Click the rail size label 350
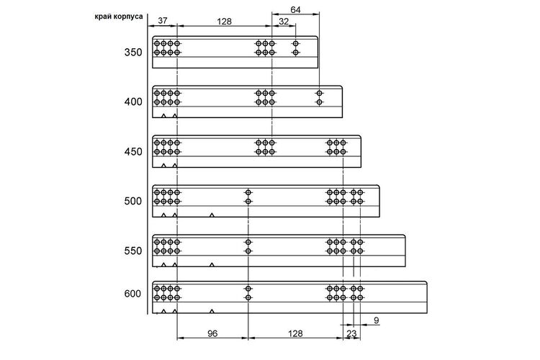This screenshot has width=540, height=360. (133, 53)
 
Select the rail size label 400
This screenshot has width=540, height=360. (133, 102)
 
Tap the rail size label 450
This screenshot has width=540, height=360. (133, 152)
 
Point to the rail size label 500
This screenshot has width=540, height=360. (133, 201)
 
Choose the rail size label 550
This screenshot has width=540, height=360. (133, 251)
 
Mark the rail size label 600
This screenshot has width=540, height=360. (133, 294)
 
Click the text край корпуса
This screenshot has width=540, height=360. (119, 17)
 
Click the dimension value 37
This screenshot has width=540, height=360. (163, 21)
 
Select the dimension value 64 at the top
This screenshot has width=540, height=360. (295, 9)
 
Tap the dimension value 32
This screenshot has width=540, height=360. (284, 22)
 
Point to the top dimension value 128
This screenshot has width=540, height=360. (224, 22)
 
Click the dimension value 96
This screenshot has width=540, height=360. (212, 333)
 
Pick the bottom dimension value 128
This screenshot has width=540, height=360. (295, 333)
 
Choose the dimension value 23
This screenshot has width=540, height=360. (351, 333)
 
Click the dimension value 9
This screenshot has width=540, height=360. (377, 320)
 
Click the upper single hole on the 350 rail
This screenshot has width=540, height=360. (295, 44)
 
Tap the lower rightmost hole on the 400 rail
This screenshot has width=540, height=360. (319, 102)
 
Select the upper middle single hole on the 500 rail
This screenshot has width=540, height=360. (248, 192)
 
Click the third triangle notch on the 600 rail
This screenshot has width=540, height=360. (212, 312)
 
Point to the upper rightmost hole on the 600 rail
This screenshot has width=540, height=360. (360, 289)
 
